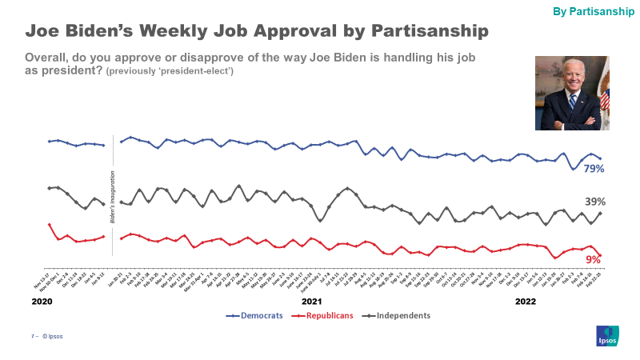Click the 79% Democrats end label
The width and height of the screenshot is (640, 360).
click(593, 169)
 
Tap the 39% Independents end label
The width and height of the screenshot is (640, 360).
click(594, 202)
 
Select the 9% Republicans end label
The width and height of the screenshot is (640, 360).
click(593, 259)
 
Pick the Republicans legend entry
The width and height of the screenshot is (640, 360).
click(323, 315)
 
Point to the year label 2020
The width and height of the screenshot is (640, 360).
click(42, 302)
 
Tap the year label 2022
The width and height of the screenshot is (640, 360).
click(526, 302)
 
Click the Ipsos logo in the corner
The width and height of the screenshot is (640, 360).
click(606, 336)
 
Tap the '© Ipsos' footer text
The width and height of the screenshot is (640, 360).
click(53, 336)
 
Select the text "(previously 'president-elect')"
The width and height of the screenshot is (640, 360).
click(170, 72)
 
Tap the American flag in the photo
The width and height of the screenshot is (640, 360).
click(604, 96)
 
